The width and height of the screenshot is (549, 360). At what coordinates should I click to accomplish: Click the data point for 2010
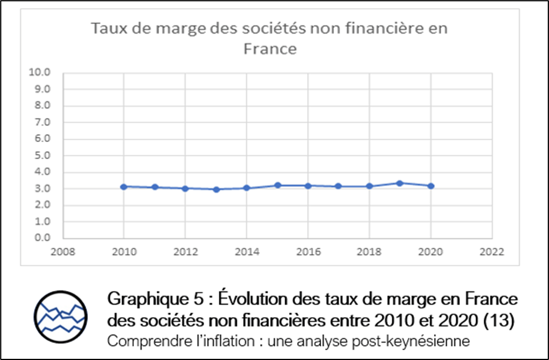(x=124, y=186)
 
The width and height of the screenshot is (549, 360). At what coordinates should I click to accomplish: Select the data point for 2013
(x=216, y=189)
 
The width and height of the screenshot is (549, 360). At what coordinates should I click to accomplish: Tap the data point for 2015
(x=277, y=185)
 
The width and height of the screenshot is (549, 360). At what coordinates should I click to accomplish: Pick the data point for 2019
(x=400, y=183)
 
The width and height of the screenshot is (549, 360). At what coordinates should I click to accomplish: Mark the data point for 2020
(x=430, y=186)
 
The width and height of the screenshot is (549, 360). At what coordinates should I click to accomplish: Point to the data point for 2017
(x=338, y=186)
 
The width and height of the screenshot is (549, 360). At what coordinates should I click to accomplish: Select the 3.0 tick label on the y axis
(x=43, y=189)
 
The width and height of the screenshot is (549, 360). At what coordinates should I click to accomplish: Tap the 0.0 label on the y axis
(x=43, y=238)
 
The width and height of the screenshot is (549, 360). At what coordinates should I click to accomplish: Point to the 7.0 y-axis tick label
(x=43, y=122)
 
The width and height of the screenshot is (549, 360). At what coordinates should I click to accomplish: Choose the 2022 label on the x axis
(x=492, y=252)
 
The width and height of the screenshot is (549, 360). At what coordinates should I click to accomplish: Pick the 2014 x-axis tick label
(x=246, y=252)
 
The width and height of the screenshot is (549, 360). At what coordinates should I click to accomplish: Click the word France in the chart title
(x=270, y=49)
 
